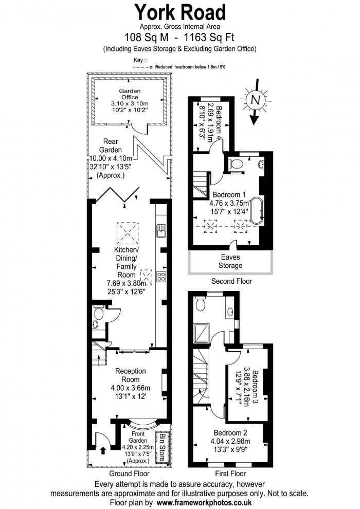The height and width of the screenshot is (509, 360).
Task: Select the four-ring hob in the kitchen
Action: coord(161,277)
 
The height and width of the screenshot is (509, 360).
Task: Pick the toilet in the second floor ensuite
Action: coord(237,163)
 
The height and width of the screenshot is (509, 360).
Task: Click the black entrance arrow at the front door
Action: coord(102,451)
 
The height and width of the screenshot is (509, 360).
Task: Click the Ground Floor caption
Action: coord(129,474)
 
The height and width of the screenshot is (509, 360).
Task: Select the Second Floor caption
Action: coord(231,281)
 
